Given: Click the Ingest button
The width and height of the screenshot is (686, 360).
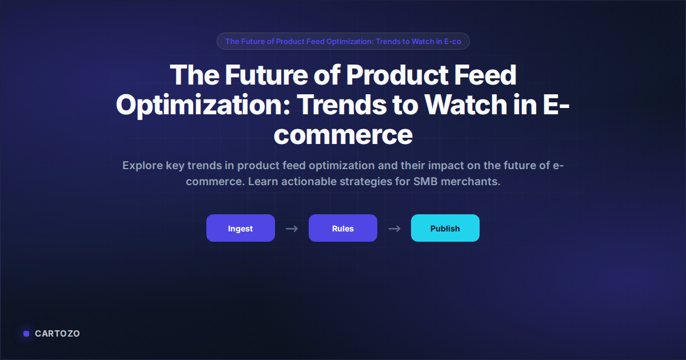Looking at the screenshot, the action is [x=241, y=228].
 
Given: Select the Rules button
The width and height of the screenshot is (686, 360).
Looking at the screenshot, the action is [x=342, y=228].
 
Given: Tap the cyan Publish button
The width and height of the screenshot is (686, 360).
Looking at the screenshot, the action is [x=445, y=228].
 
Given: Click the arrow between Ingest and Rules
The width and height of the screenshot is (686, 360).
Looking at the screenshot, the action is [x=292, y=229].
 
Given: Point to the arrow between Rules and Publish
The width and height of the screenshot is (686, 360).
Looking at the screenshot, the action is [x=394, y=229].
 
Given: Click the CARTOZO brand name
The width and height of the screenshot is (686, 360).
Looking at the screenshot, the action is [x=57, y=334].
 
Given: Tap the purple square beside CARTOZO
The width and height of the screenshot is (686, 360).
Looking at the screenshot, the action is [x=26, y=334].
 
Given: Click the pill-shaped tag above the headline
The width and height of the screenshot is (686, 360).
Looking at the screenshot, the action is [x=343, y=41].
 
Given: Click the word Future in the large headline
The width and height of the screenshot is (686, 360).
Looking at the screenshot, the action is [x=266, y=75].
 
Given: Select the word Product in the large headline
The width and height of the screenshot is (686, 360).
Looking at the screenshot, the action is [x=397, y=75].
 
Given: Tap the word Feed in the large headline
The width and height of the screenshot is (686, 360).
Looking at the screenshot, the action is [x=485, y=75].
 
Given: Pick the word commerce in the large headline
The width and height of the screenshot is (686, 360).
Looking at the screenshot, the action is [x=343, y=135].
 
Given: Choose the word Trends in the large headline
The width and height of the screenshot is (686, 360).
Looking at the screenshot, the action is [x=341, y=105].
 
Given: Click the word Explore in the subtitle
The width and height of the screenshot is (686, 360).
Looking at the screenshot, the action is [x=143, y=166].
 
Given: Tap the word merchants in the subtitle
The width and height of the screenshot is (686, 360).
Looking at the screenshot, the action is [x=470, y=182].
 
